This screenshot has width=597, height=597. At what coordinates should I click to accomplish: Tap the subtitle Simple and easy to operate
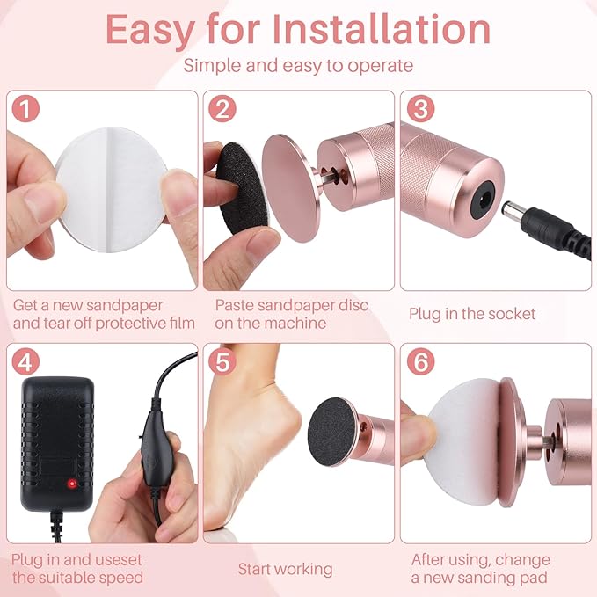(x=298, y=66)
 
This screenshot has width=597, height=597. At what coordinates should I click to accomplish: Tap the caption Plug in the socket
(x=473, y=314)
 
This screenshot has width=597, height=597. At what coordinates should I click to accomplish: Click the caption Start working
(x=286, y=569)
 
